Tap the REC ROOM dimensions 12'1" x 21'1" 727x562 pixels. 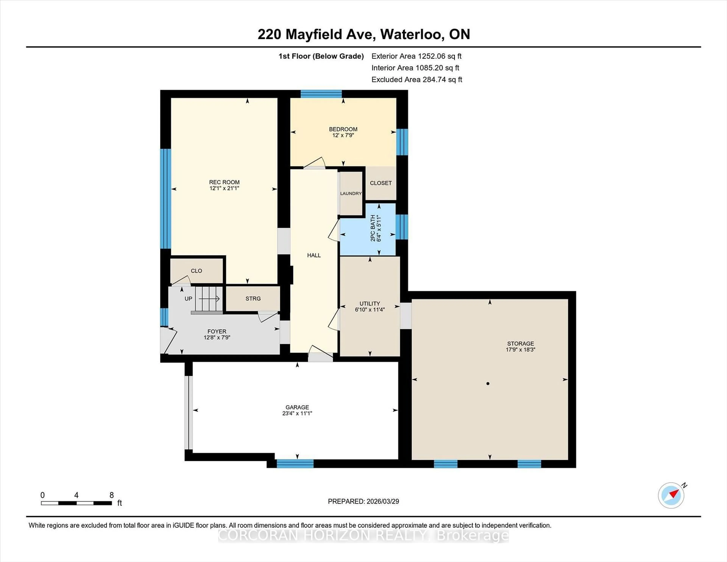pyautogui.click(x=224, y=188)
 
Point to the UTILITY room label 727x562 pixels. pyautogui.click(x=370, y=303)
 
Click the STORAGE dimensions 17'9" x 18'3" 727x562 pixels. pyautogui.click(x=520, y=350)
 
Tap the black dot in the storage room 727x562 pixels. pyautogui.click(x=488, y=384)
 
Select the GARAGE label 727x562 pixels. pyautogui.click(x=297, y=407)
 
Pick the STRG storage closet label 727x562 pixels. pyautogui.click(x=253, y=299)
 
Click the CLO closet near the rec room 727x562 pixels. pyautogui.click(x=196, y=271)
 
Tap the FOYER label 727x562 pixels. pyautogui.click(x=217, y=331)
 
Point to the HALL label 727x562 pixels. pyautogui.click(x=314, y=255)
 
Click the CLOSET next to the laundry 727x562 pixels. pyautogui.click(x=381, y=183)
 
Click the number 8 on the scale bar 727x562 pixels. pyautogui.click(x=112, y=495)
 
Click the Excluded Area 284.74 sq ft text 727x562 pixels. pyautogui.click(x=417, y=80)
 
